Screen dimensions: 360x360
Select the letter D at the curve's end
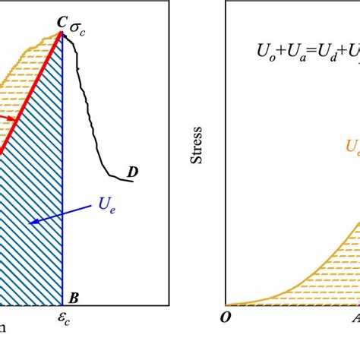tap(133, 172)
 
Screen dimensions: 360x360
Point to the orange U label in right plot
tap(352, 147)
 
